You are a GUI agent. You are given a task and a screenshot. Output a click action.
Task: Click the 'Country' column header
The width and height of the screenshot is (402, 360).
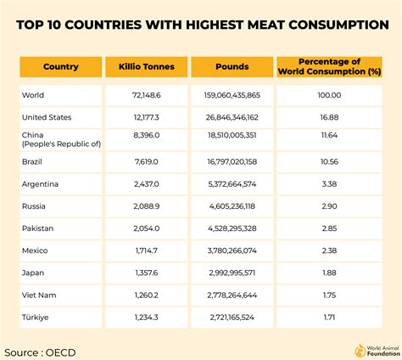point(60,66)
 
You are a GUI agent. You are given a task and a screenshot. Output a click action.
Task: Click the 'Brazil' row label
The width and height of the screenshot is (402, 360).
point(34,160)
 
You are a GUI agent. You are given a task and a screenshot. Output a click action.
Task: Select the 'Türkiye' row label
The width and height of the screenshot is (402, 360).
point(36,316)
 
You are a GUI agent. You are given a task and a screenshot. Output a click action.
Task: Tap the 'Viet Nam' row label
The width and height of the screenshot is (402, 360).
point(39,294)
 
